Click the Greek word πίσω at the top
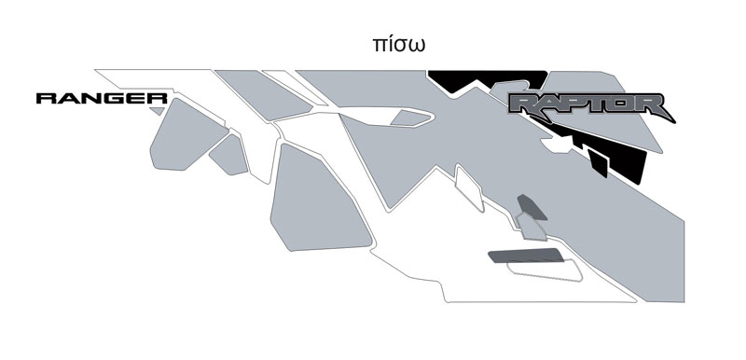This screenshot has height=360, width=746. (398, 44)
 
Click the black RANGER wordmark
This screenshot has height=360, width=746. (102, 99)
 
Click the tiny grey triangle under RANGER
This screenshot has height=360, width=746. (158, 111)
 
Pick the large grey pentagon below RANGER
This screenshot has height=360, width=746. (187, 135)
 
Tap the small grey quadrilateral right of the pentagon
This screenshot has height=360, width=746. (229, 155)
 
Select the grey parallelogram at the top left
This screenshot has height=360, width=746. (263, 94)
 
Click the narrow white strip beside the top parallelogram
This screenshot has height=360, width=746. (295, 88)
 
